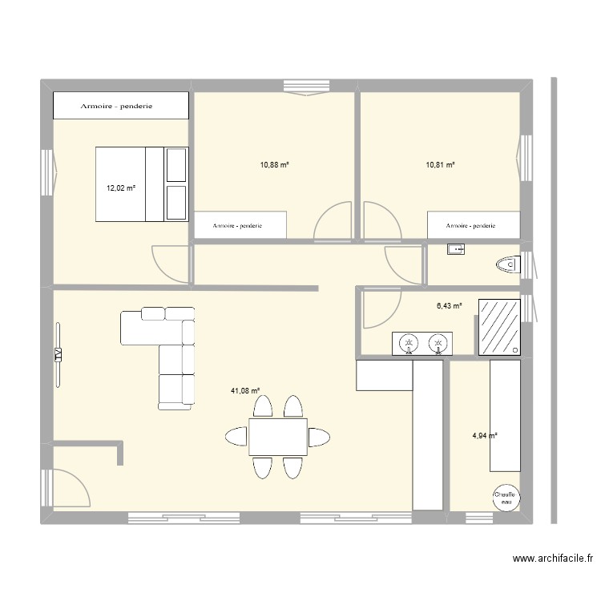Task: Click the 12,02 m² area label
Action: point(121,189)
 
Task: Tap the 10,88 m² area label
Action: point(274,165)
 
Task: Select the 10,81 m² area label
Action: point(440,165)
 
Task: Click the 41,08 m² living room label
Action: point(246,391)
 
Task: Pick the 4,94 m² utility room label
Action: point(485,436)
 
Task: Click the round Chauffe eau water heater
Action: point(505,497)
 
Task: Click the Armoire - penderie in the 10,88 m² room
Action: point(239,226)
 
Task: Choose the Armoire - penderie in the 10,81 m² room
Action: point(472,226)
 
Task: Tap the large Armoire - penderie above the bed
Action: point(120,106)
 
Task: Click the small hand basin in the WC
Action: point(456,250)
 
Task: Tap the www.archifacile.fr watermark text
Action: point(553,559)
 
